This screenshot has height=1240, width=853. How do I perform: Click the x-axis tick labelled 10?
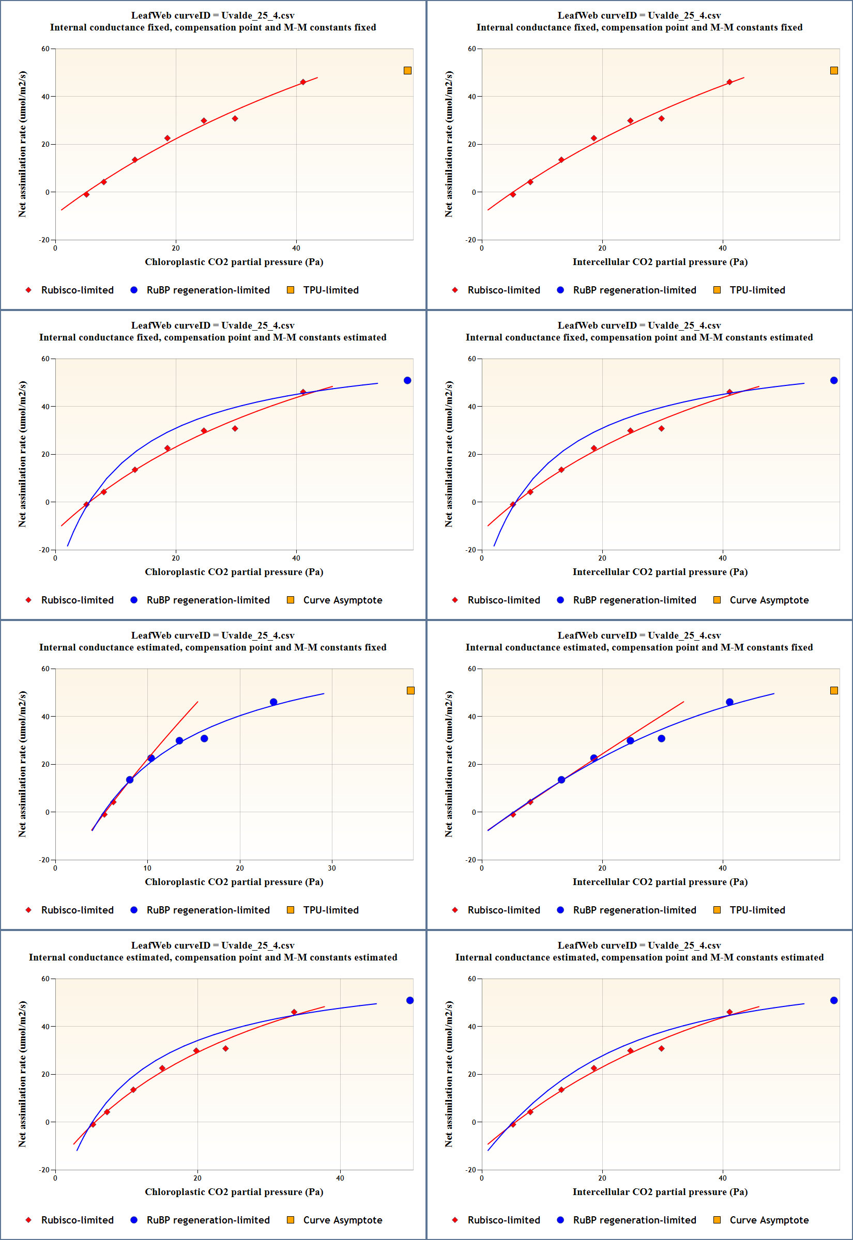(x=147, y=868)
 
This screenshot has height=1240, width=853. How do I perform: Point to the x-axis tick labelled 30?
(x=332, y=868)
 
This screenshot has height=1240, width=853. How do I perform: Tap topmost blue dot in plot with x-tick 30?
(x=273, y=702)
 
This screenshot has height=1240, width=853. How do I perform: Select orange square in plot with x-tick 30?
(x=410, y=690)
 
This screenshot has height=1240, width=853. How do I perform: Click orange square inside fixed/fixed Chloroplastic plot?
(x=407, y=70)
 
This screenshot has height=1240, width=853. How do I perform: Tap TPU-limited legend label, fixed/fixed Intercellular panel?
(x=757, y=290)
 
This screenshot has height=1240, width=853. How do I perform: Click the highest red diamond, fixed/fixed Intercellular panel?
(x=729, y=82)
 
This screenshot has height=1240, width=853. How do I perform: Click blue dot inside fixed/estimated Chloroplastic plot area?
(x=407, y=380)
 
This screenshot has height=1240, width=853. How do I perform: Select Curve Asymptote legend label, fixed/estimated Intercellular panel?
(x=769, y=600)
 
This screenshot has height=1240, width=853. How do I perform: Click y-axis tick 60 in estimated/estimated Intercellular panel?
(x=472, y=979)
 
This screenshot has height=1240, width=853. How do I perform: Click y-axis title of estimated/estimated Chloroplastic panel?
(x=22, y=1074)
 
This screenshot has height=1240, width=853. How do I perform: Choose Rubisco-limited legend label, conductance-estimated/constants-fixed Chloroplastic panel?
(x=78, y=909)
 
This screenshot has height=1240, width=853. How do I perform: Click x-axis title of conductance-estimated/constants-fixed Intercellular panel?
(x=660, y=881)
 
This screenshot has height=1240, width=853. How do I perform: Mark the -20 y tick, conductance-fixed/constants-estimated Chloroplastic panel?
(x=44, y=550)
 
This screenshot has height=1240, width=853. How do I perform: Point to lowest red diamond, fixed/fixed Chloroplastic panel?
(x=86, y=194)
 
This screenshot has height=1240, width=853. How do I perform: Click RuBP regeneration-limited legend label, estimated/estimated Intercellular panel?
(x=634, y=1220)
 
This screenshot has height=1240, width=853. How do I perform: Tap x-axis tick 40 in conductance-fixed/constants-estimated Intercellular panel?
(x=723, y=558)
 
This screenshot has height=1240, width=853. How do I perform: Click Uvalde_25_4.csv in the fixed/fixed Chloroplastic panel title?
(x=257, y=16)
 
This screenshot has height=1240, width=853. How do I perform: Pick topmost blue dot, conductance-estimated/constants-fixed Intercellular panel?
(x=729, y=702)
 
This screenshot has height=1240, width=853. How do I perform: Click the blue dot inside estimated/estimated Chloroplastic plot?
(x=410, y=1000)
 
